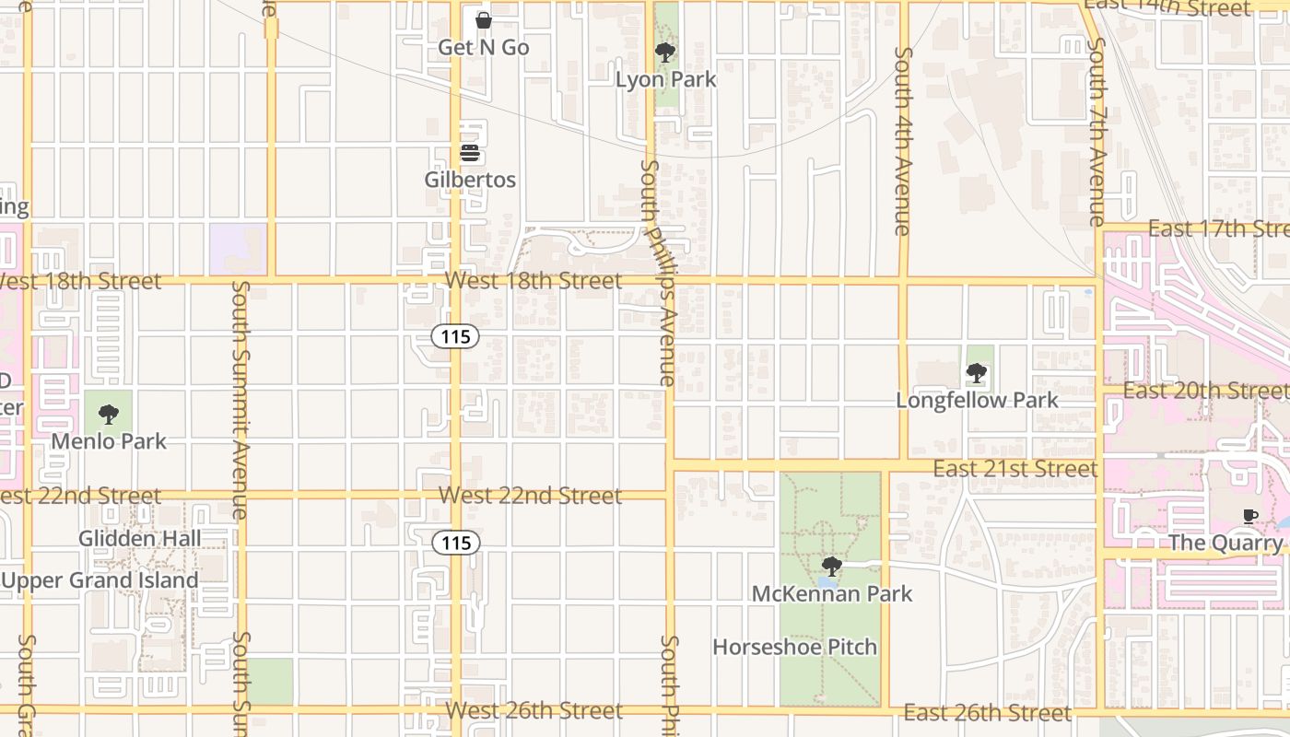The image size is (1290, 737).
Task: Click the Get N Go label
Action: pos(483,47)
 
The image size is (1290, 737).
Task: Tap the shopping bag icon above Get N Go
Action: pos(483,19)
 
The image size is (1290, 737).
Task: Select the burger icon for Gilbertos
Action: pos(470,152)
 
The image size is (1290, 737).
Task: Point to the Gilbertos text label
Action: pos(470,180)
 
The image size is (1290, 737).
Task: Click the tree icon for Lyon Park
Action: pos(664,53)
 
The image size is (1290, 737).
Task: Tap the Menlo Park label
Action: pos(109,441)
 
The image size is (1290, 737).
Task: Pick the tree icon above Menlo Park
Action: pos(109,415)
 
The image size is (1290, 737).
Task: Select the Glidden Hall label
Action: pos(140,538)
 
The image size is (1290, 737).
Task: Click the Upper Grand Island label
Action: pos(100,580)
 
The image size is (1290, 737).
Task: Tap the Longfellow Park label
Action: pos(977,401)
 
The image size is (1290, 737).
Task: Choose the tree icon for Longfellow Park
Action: pos(977,373)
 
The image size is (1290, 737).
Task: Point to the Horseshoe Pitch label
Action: pos(794,647)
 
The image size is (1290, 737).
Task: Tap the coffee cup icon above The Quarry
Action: pos(1250,516)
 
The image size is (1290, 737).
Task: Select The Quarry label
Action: pos(1225,543)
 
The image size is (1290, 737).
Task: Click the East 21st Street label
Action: pos(1014,469)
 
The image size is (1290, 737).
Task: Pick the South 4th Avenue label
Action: pos(903,141)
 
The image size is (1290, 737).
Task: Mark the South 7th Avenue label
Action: pos(1096,132)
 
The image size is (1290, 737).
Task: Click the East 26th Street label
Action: pos(987,713)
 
